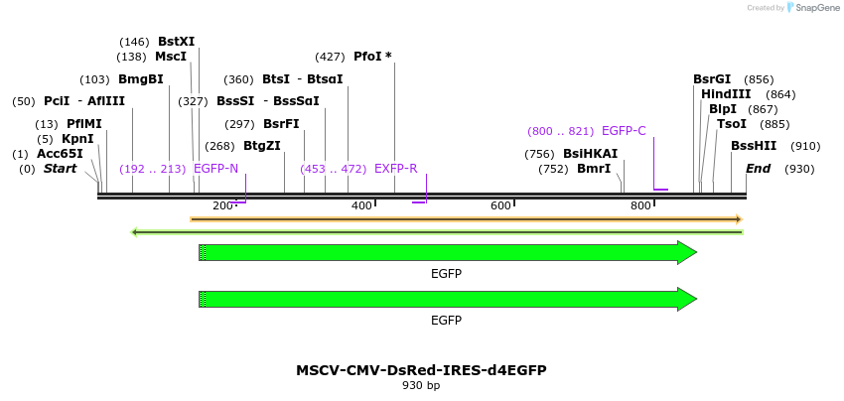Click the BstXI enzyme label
click(x=176, y=42)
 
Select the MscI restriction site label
click(x=171, y=57)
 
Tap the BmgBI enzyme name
click(x=140, y=79)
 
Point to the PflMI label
click(x=84, y=124)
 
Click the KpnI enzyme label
click(x=77, y=139)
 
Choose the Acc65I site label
click(x=60, y=154)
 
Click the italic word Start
click(x=60, y=169)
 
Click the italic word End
click(x=758, y=169)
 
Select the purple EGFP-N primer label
click(x=215, y=169)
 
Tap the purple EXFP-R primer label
click(x=395, y=169)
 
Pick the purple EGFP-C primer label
click(x=624, y=131)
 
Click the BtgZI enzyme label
click(x=262, y=146)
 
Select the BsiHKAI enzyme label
click(x=590, y=154)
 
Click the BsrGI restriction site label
click(x=712, y=79)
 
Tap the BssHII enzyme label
click(x=754, y=146)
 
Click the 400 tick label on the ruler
click(x=361, y=205)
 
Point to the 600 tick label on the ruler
click(x=500, y=205)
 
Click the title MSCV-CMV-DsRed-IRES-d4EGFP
click(x=421, y=370)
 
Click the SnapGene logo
click(x=808, y=8)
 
